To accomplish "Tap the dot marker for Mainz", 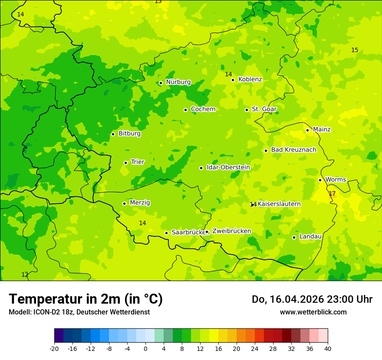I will pyautogui.click(x=307, y=130).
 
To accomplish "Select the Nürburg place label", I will pyautogui.click(x=178, y=82).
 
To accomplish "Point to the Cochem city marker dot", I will pyautogui.click(x=185, y=110).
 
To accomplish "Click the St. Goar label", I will pyautogui.click(x=264, y=109).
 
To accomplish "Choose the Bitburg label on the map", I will pyautogui.click(x=129, y=134).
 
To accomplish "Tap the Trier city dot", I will pyautogui.click(x=125, y=163).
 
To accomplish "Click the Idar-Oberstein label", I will pyautogui.click(x=228, y=167).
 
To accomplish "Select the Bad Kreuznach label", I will pyautogui.click(x=293, y=150).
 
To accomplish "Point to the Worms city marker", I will pyautogui.click(x=320, y=180).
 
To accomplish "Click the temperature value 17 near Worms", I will pyautogui.click(x=332, y=193).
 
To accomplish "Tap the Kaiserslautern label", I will pyautogui.click(x=279, y=204).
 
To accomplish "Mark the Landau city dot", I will pyautogui.click(x=294, y=237).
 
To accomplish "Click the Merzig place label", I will pyautogui.click(x=140, y=203).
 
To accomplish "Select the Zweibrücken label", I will pyautogui.click(x=231, y=231).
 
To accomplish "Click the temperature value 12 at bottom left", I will pyautogui.click(x=25, y=275).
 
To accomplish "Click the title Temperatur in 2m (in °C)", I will pyautogui.click(x=86, y=299).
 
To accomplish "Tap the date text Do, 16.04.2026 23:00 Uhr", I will pyautogui.click(x=312, y=299).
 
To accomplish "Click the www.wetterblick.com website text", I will pyautogui.click(x=313, y=312).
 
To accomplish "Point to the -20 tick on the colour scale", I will pyautogui.click(x=54, y=348).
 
